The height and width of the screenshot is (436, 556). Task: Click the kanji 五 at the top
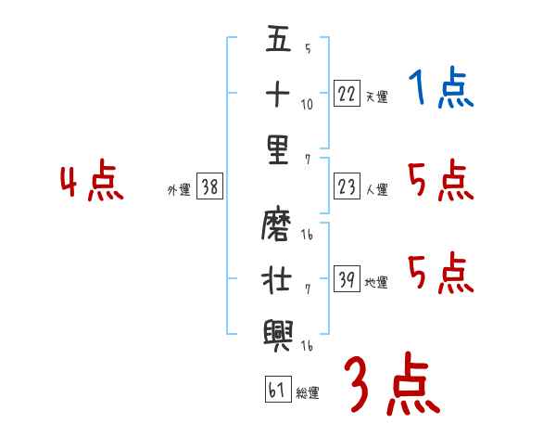(x=278, y=41)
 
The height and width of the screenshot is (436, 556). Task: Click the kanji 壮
(x=278, y=277)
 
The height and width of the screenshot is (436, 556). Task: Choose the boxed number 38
(x=209, y=187)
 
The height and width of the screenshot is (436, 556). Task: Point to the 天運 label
(x=376, y=96)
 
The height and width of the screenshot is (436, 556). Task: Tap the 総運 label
(x=308, y=392)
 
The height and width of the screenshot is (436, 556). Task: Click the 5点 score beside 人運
(x=440, y=181)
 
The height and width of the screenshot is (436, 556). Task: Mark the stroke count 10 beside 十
(x=308, y=104)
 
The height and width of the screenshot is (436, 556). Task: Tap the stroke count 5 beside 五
(x=307, y=48)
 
